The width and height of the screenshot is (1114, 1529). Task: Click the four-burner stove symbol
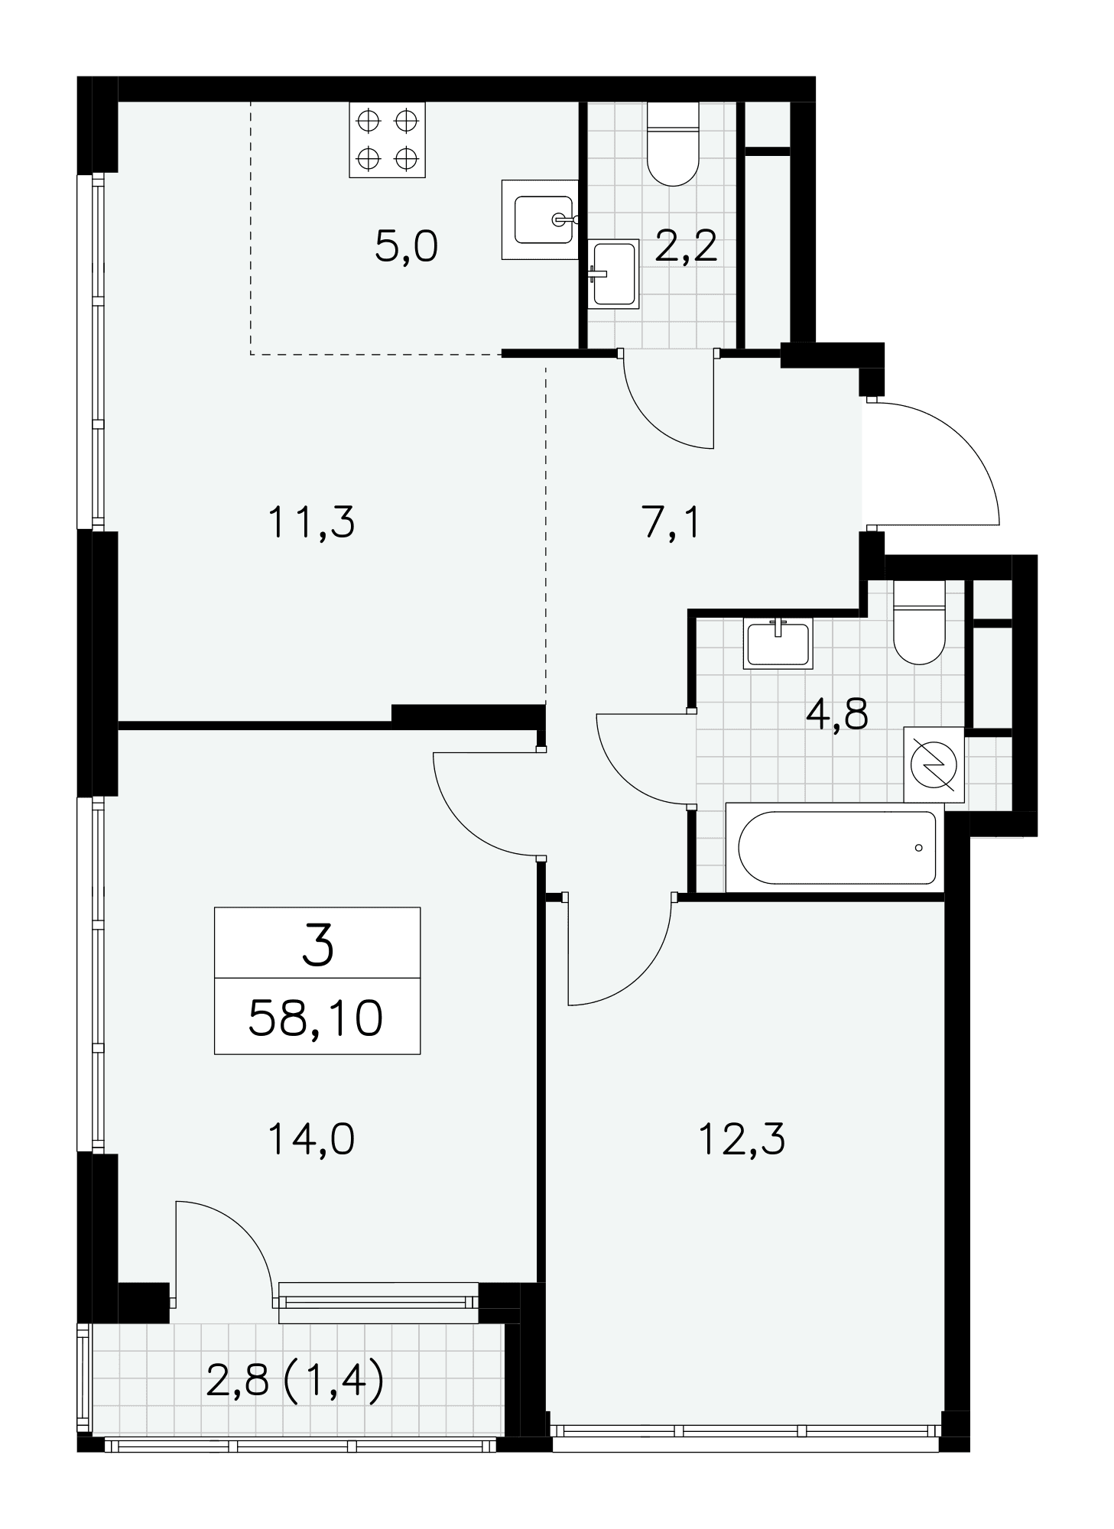tap(387, 139)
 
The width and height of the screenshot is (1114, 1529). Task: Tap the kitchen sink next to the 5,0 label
tap(541, 219)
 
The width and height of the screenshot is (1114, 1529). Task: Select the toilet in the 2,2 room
tap(673, 144)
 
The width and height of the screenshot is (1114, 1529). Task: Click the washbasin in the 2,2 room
tap(613, 274)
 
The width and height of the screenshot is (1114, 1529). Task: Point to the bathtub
tap(836, 847)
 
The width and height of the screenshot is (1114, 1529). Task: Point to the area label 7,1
tap(671, 524)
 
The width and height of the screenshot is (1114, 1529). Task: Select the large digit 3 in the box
tap(318, 945)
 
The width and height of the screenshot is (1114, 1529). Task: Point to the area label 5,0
tap(406, 247)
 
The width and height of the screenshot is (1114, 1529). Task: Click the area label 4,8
tap(837, 716)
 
